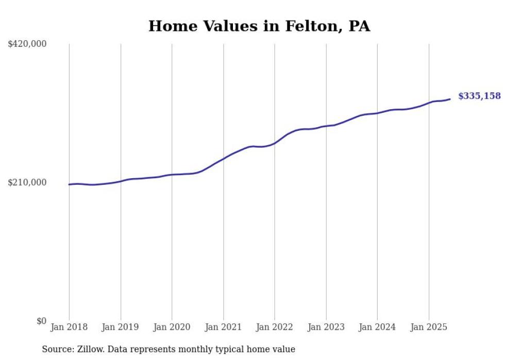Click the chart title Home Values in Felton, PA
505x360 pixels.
point(259,26)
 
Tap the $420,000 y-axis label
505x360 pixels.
point(27,44)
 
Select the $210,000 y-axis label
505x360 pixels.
point(27,182)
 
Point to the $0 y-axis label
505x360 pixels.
point(41,321)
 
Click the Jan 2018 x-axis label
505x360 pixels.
point(69,327)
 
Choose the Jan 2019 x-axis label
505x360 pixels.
point(121,327)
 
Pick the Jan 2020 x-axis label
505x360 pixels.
point(172,327)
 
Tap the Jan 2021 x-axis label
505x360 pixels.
point(223,327)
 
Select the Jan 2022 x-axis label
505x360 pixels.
point(275,327)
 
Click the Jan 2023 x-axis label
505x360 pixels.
point(326,327)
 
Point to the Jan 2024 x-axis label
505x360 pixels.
point(377,327)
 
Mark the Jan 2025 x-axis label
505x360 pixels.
point(429,327)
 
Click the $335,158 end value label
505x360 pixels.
point(479,96)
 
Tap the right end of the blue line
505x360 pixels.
point(450,99)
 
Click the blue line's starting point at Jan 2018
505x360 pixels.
point(69,184)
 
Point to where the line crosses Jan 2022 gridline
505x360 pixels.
point(275,143)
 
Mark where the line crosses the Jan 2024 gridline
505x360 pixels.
point(377,113)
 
